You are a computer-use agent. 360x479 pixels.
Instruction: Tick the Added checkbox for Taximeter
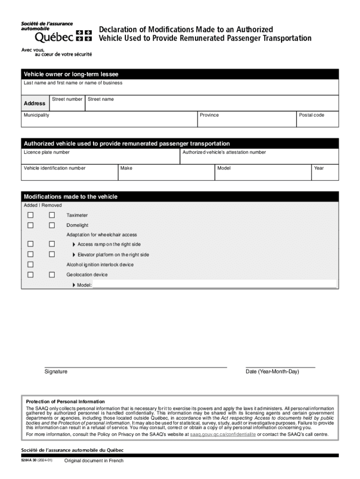(x=30, y=215)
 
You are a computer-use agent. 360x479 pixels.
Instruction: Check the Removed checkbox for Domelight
(x=52, y=225)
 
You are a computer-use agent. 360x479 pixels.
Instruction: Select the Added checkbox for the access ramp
(x=30, y=244)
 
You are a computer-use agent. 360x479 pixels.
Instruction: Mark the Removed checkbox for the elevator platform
(x=52, y=254)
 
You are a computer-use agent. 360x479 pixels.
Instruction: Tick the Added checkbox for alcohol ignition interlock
(x=30, y=264)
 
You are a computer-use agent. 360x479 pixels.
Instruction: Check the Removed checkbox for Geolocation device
(x=52, y=275)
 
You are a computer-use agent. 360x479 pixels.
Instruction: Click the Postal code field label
(x=312, y=115)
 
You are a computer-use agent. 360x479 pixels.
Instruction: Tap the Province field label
(x=209, y=115)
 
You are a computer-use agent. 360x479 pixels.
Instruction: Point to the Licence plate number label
(x=47, y=152)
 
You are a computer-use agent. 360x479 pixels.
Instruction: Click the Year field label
(x=319, y=168)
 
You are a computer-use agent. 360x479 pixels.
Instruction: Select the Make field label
(x=126, y=168)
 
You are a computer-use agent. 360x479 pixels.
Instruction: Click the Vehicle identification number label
(x=55, y=168)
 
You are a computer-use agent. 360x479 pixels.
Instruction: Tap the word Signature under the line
(x=56, y=371)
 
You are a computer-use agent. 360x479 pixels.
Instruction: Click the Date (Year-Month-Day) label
(x=272, y=371)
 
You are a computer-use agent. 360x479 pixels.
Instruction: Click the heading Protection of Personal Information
(x=65, y=402)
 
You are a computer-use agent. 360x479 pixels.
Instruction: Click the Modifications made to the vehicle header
(x=71, y=197)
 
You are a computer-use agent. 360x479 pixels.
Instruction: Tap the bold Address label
(x=35, y=103)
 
